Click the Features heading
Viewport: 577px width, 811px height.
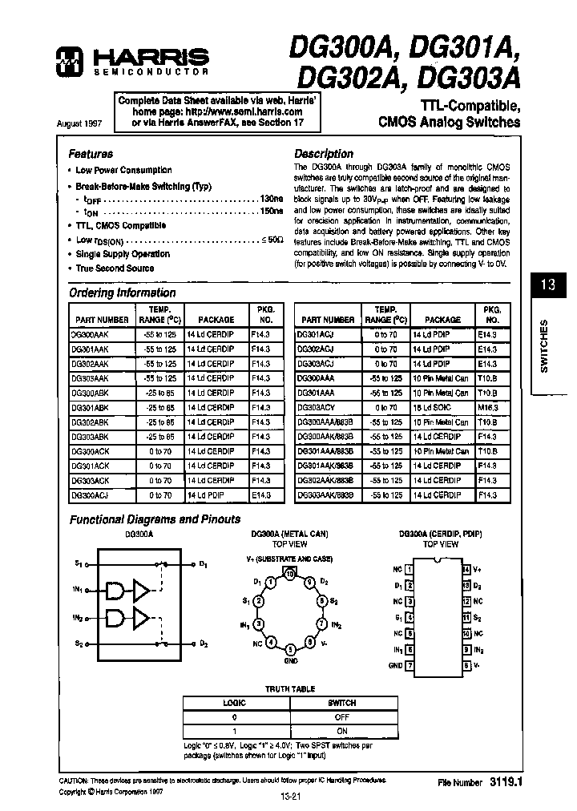click(x=91, y=153)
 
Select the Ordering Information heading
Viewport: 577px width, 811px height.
click(x=122, y=293)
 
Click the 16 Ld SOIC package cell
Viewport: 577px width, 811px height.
click(x=430, y=407)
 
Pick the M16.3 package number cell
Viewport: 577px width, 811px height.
click(x=488, y=407)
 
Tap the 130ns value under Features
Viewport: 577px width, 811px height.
click(x=272, y=198)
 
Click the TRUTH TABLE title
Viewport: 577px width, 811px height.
click(x=290, y=689)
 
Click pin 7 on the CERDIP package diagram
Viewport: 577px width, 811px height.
click(x=410, y=665)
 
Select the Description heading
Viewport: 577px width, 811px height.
click(x=324, y=153)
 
